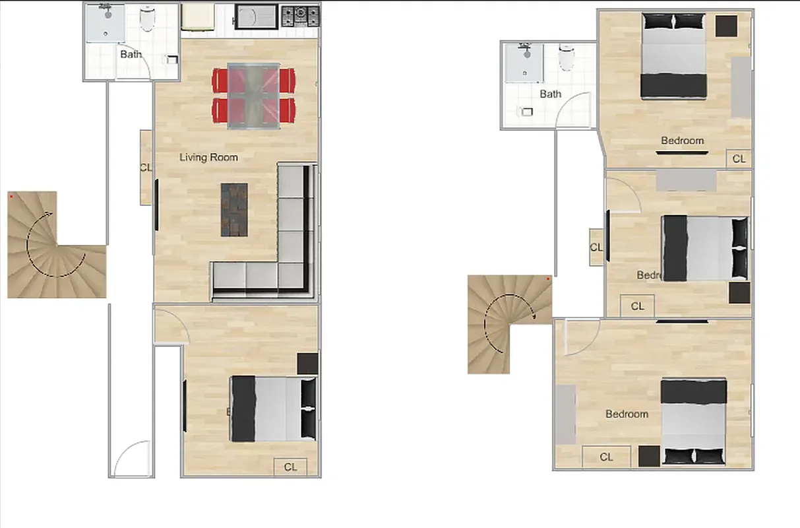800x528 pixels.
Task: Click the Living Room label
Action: coord(208,157)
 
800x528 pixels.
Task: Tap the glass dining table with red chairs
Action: coord(253,95)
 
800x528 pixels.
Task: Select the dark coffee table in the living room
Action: coord(234,210)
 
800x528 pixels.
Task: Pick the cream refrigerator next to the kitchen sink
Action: coord(197,18)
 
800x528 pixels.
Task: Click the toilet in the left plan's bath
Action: coord(148,20)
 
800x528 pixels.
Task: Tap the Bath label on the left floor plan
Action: coord(131,54)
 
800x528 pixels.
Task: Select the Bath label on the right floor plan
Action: coord(550,94)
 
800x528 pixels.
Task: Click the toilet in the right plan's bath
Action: coord(567,57)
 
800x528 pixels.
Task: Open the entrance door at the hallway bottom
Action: coord(132,459)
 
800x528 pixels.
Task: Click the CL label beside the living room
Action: coord(146,167)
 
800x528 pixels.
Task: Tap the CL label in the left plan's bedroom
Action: coord(290,467)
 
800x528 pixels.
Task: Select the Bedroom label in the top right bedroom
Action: coord(682,141)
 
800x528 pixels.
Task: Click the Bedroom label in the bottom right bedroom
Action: coord(627,414)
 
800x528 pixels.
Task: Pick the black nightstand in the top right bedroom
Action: coord(727,26)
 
